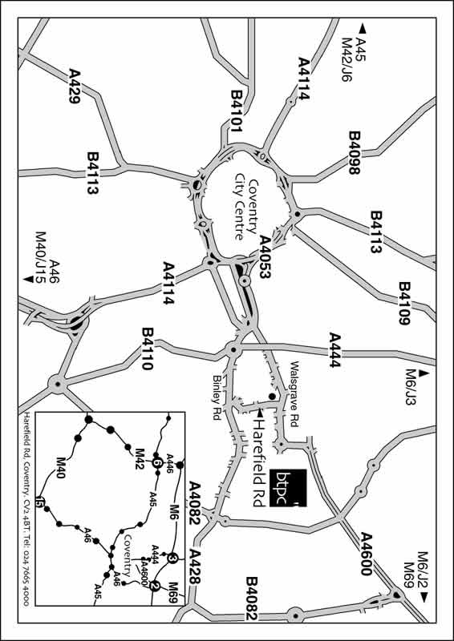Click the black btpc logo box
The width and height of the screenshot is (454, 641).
tap(288, 488)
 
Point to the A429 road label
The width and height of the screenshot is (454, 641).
tap(75, 86)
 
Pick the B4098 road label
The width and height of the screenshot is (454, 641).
tap(355, 152)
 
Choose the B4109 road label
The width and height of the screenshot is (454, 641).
tap(405, 303)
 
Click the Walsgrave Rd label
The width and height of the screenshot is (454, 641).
tap(294, 393)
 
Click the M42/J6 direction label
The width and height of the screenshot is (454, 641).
tap(347, 60)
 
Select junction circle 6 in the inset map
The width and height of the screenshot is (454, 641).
tap(157, 463)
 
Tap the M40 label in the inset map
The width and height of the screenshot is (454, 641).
tap(61, 468)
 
